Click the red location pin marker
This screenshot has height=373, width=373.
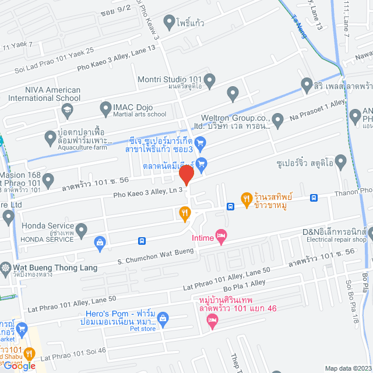click(x=186, y=175)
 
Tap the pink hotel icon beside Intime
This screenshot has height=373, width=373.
click(x=221, y=236)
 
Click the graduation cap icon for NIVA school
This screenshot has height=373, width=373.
click(x=68, y=109)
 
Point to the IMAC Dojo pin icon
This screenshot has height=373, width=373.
click(x=105, y=108)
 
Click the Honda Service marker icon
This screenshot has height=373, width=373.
click(x=82, y=228)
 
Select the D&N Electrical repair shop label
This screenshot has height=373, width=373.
click(x=334, y=235)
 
